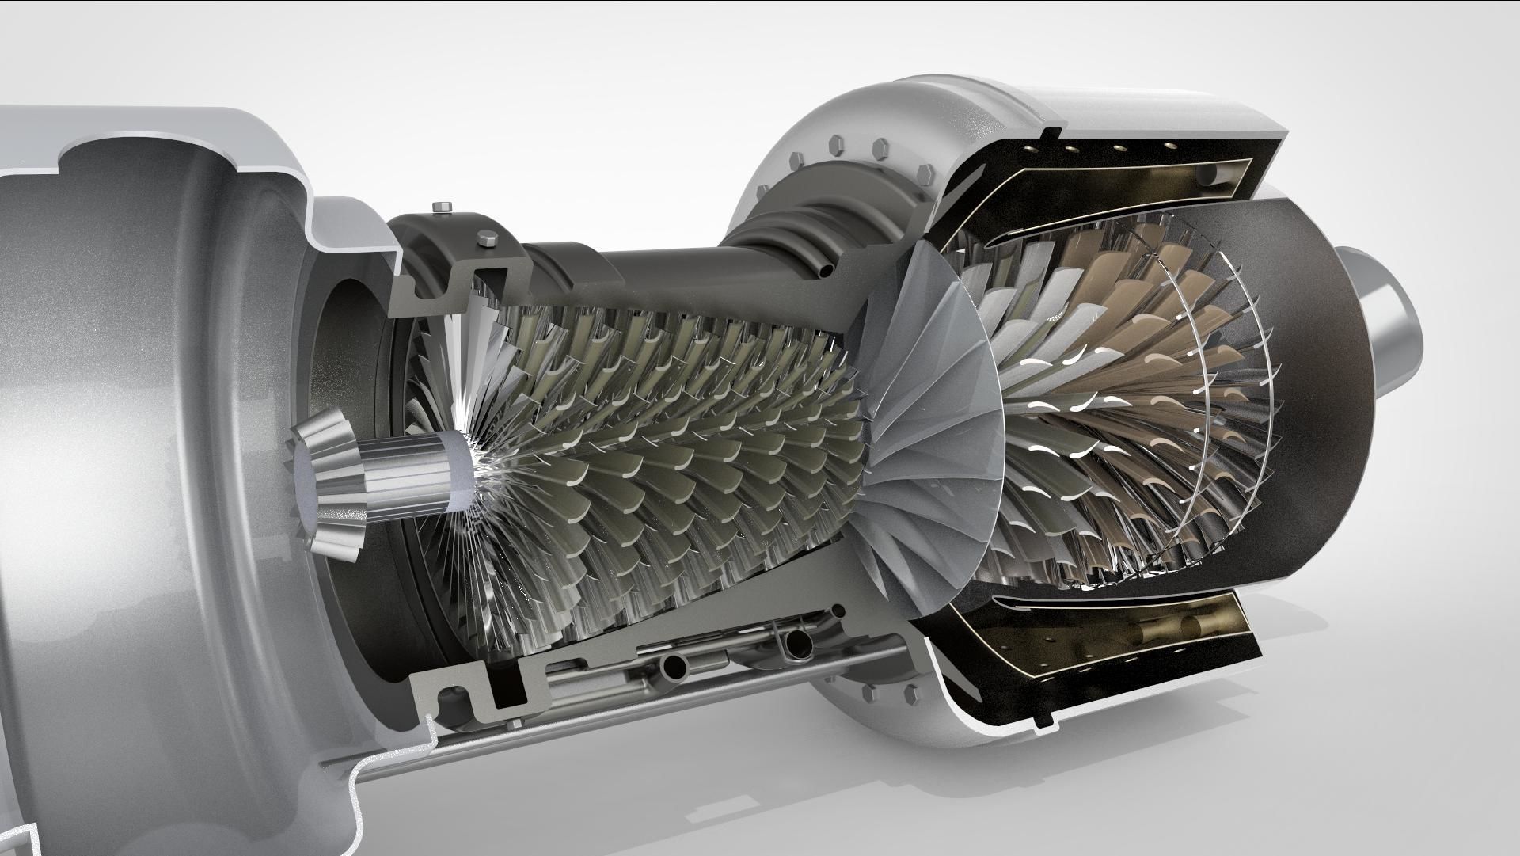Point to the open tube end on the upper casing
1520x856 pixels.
tap(825, 271)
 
